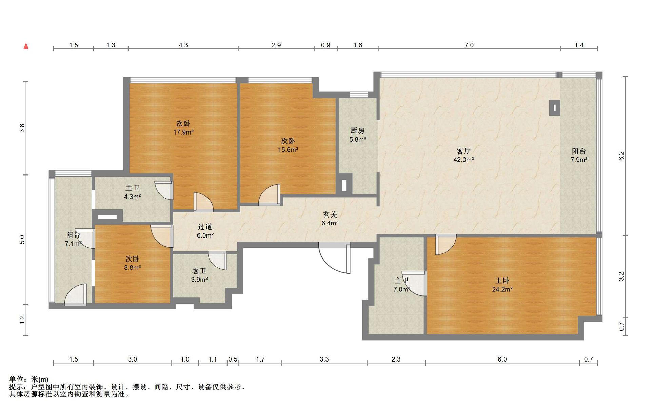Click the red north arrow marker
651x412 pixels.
[x=26, y=46]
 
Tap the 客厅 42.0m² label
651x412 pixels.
[x=463, y=155]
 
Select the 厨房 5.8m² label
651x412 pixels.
[x=358, y=135]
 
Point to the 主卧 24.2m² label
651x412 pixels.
[x=502, y=285]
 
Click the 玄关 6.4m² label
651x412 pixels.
[x=330, y=219]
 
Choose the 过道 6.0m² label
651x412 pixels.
[x=205, y=231]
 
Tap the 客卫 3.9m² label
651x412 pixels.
[x=199, y=275]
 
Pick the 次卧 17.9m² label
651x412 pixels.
[x=183, y=128]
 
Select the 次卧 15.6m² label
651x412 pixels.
[x=288, y=145]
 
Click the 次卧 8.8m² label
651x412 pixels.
[x=133, y=263]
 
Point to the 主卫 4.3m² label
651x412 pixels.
[x=133, y=192]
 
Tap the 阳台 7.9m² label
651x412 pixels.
[x=579, y=155]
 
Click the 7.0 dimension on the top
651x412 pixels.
[x=469, y=45]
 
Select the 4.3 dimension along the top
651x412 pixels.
[x=183, y=45]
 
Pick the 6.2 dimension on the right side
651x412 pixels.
[x=621, y=156]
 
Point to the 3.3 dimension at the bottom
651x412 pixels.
[x=324, y=359]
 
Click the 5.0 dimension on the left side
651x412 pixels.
[x=22, y=240]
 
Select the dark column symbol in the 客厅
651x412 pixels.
[x=555, y=108]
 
